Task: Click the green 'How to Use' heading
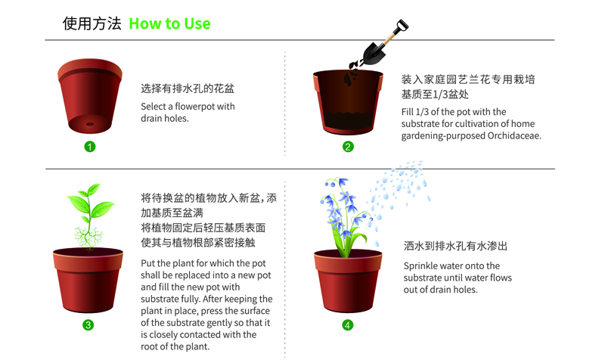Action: [169, 24]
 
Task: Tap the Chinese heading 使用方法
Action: [92, 23]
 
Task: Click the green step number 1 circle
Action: [90, 147]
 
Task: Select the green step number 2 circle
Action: [348, 147]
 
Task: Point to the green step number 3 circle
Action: [88, 325]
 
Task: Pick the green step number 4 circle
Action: [348, 325]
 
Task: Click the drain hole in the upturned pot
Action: [90, 124]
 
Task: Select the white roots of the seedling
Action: [88, 237]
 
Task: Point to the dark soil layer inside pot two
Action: [348, 121]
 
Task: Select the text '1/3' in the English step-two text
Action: [422, 112]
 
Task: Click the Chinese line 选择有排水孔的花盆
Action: [188, 88]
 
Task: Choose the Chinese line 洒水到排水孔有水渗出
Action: [456, 246]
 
